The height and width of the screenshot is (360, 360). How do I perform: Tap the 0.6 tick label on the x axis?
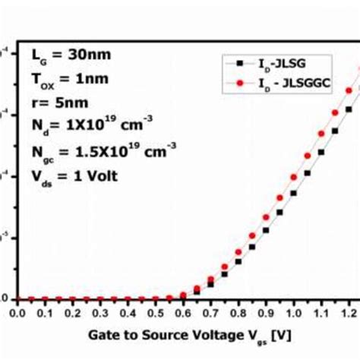tap(183, 311)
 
